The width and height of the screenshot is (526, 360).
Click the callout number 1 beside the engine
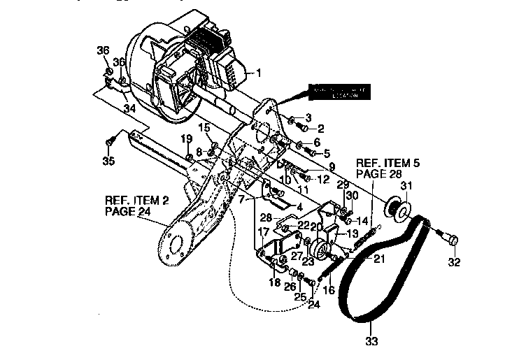[x=258, y=72]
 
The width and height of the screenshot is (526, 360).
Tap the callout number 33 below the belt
[x=371, y=342]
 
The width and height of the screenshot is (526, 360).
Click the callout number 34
[x=129, y=108]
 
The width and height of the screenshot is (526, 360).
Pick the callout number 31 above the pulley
[x=407, y=185]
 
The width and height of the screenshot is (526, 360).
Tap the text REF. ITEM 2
[x=137, y=199]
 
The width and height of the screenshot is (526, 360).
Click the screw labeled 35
[x=108, y=142]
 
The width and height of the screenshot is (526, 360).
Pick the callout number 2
[x=321, y=128]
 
